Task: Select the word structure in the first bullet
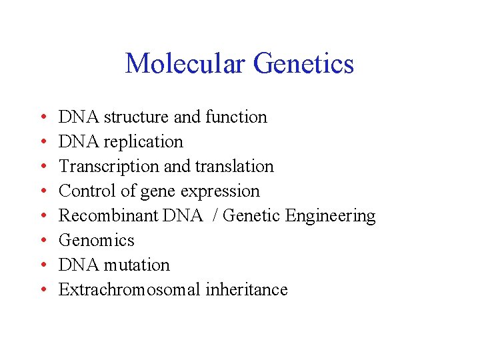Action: [136, 117]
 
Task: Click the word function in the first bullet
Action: [236, 117]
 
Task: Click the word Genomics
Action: [97, 241]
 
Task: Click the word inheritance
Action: [247, 290]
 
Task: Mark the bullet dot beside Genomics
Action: [42, 241]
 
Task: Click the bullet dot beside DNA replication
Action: [42, 142]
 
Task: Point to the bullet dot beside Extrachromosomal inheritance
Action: [42, 290]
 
